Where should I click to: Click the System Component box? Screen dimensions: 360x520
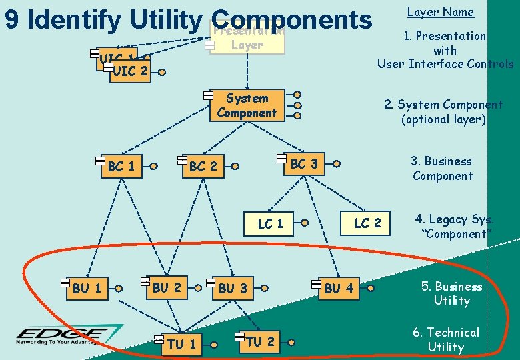point(247,105)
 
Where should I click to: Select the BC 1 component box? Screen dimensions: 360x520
point(121,166)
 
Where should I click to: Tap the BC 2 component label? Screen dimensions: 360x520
point(203,166)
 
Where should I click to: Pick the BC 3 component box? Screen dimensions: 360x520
point(303,163)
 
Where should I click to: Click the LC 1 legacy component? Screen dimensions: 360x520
point(270,223)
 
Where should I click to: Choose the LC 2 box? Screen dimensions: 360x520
point(367,223)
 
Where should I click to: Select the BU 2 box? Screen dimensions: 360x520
point(167,287)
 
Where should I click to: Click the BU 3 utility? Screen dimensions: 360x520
point(233,288)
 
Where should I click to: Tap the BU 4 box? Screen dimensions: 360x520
point(339,288)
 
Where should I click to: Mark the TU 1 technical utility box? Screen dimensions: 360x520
point(181,343)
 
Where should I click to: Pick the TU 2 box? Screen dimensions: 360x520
point(259,341)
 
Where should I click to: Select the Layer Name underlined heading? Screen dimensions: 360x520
point(440,12)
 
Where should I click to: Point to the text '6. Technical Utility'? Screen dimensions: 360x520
point(445,339)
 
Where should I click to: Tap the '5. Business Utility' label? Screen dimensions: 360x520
point(451,293)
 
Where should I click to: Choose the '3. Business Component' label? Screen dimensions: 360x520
point(441,169)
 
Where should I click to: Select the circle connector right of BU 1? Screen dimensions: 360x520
point(118,289)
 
